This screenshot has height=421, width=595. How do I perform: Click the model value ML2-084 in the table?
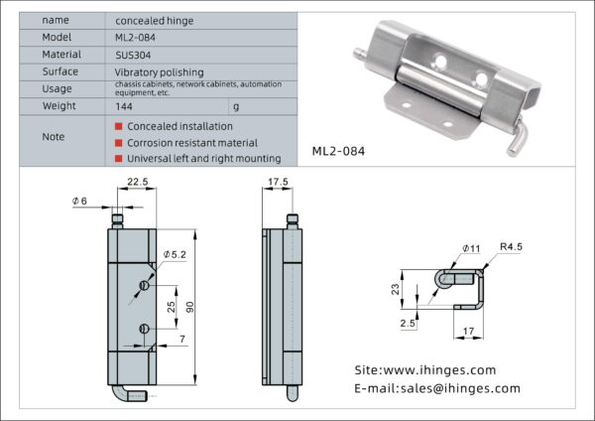[x=136, y=37]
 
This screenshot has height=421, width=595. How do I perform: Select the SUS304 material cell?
[x=133, y=55]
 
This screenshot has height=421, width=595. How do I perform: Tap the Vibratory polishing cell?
[x=159, y=72]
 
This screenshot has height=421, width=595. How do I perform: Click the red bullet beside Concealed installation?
[x=118, y=126]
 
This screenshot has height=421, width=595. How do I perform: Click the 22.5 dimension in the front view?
[x=138, y=182]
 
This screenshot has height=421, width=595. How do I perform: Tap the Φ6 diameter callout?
[x=80, y=202]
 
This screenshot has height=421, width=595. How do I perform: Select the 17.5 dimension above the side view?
[x=278, y=182]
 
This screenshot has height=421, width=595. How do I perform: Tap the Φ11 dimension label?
[x=471, y=247]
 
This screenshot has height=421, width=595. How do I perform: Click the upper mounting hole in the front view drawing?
[x=144, y=286]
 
